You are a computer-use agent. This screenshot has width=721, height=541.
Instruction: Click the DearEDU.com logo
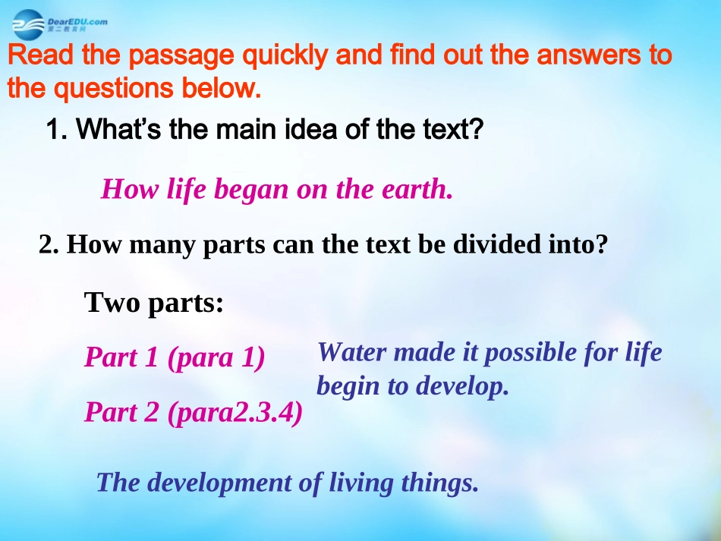59,24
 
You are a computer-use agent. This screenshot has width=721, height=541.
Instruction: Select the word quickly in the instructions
277,57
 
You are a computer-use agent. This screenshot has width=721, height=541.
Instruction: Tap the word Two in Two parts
112,302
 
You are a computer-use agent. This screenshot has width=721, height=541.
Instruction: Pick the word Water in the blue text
351,352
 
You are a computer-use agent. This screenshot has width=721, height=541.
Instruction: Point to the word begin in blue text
348,386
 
